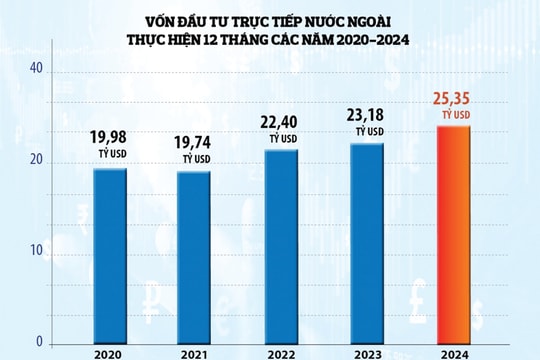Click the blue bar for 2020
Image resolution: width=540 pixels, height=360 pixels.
pyautogui.click(x=110, y=256)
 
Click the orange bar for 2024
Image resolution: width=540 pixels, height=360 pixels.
pyautogui.click(x=455, y=235)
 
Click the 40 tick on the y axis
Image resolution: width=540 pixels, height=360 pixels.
pyautogui.click(x=35, y=69)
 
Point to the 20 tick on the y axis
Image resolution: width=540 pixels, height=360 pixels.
pyautogui.click(x=35, y=161)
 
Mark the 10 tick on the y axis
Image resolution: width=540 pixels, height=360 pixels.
pyautogui.click(x=35, y=252)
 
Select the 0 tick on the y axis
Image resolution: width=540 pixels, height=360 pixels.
pyautogui.click(x=39, y=342)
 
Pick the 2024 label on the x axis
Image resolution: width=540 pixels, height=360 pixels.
pyautogui.click(x=455, y=353)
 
